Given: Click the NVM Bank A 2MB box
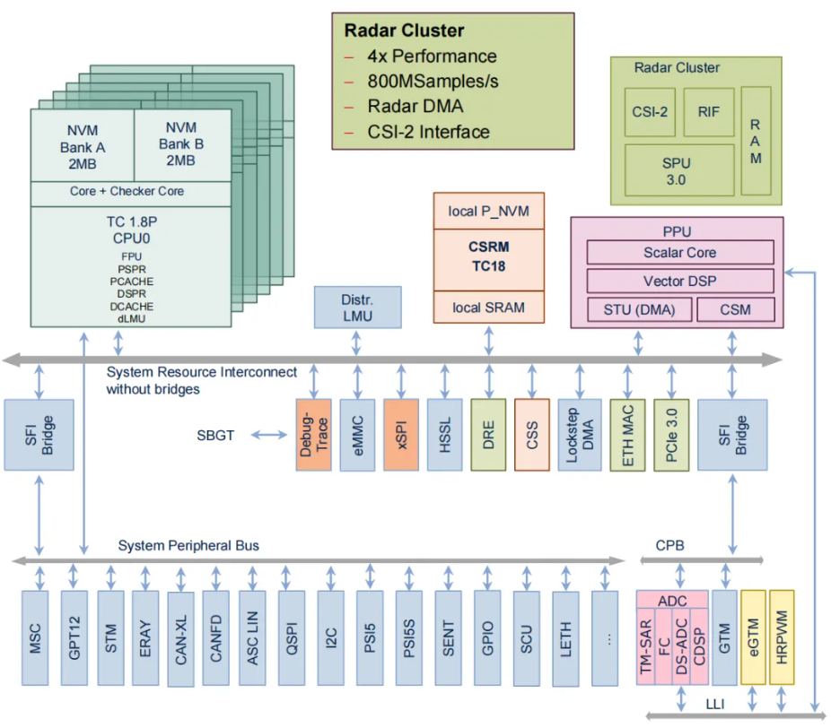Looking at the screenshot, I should click(83, 145).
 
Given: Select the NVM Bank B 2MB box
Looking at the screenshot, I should click(180, 143).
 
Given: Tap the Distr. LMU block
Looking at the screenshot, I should click(357, 307).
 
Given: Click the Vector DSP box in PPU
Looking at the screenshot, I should click(679, 281).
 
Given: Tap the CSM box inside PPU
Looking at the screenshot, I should click(735, 310).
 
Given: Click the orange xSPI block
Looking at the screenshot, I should click(401, 435).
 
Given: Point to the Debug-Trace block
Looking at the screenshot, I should click(313, 435).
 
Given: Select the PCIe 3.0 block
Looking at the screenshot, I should click(671, 435).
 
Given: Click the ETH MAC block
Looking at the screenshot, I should click(627, 435).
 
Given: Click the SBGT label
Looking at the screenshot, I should click(215, 436).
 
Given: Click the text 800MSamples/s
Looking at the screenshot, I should click(432, 82).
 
